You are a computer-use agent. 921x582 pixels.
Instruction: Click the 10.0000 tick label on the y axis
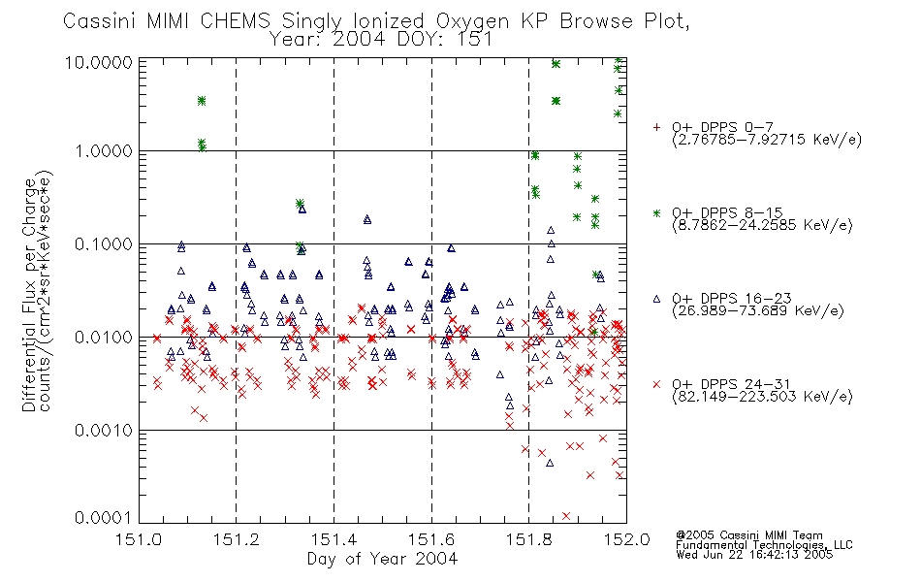(98, 62)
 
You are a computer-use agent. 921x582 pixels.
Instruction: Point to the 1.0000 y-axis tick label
(103, 151)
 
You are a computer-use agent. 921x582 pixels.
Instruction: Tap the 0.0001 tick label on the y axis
(103, 517)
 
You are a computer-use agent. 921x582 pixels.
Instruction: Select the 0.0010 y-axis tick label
(103, 431)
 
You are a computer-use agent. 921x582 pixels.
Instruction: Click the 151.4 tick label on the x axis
(333, 539)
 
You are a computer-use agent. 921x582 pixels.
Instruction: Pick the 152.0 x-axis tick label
(626, 539)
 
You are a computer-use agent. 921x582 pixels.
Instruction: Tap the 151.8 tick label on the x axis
(528, 539)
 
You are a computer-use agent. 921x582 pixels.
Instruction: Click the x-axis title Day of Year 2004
(382, 559)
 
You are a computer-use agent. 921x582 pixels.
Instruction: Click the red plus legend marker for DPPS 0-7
(656, 127)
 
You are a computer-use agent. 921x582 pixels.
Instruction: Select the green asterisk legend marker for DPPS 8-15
(656, 212)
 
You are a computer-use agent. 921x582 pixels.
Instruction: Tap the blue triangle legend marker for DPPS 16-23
(656, 299)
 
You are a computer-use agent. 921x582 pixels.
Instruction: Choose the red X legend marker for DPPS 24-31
(656, 384)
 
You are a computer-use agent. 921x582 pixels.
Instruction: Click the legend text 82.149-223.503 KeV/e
(762, 397)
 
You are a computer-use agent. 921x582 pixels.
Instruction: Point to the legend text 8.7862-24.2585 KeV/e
(762, 225)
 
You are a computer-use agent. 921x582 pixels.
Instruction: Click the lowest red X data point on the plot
(566, 516)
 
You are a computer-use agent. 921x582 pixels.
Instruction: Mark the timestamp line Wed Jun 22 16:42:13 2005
(754, 555)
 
